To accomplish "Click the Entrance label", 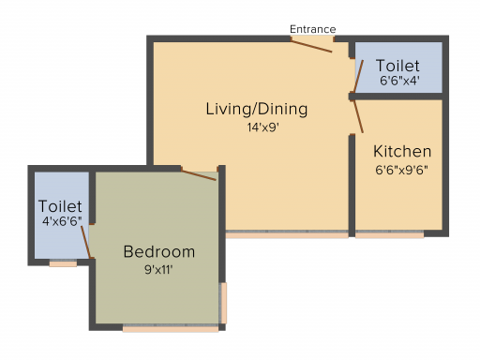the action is click(313, 29).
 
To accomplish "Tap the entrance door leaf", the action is click(311, 46).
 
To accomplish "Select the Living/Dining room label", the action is click(257, 109).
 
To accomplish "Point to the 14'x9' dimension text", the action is click(262, 127).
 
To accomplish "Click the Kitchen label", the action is click(402, 151).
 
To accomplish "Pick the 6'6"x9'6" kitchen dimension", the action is click(402, 170).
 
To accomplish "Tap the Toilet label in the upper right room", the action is click(397, 66).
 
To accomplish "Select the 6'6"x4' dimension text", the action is click(399, 81).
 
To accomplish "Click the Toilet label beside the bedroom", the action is click(60, 206).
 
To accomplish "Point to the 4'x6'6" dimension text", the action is click(62, 221).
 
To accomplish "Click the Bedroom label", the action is click(159, 251).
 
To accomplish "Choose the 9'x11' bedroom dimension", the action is click(158, 269).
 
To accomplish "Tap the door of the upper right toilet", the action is click(358, 76).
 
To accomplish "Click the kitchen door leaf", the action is click(358, 116).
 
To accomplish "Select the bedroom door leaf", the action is click(199, 175).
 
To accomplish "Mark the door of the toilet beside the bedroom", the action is click(85, 242).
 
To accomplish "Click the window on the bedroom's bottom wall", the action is click(171, 328).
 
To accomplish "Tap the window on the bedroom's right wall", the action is click(223, 303).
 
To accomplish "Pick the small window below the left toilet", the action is click(63, 263).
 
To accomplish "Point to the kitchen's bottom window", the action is click(390, 234).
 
